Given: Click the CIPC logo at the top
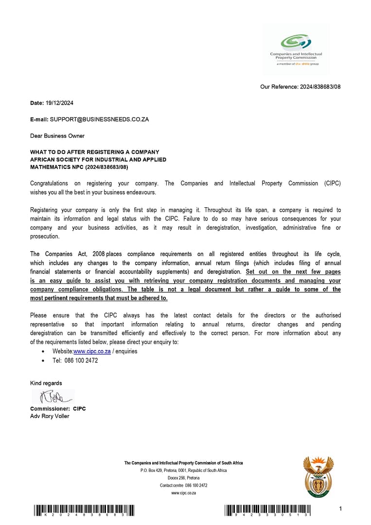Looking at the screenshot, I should click(x=296, y=49).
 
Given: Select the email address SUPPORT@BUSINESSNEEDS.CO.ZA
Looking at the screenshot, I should click(x=99, y=119).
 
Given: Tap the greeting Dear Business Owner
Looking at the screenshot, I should click(x=57, y=136).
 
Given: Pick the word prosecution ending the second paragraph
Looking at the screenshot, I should click(x=45, y=236).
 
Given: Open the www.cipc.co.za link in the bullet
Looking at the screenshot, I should click(x=92, y=351).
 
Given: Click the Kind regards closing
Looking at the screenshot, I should click(x=46, y=383).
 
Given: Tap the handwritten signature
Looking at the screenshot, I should click(x=53, y=397).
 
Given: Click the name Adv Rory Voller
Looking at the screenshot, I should click(x=50, y=416).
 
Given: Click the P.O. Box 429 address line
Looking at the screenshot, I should click(x=183, y=471).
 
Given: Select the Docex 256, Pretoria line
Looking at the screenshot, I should click(x=183, y=478).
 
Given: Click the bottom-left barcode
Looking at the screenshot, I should click(x=84, y=510).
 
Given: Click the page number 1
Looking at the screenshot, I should click(x=341, y=509).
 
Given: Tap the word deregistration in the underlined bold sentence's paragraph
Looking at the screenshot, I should click(x=224, y=272).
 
